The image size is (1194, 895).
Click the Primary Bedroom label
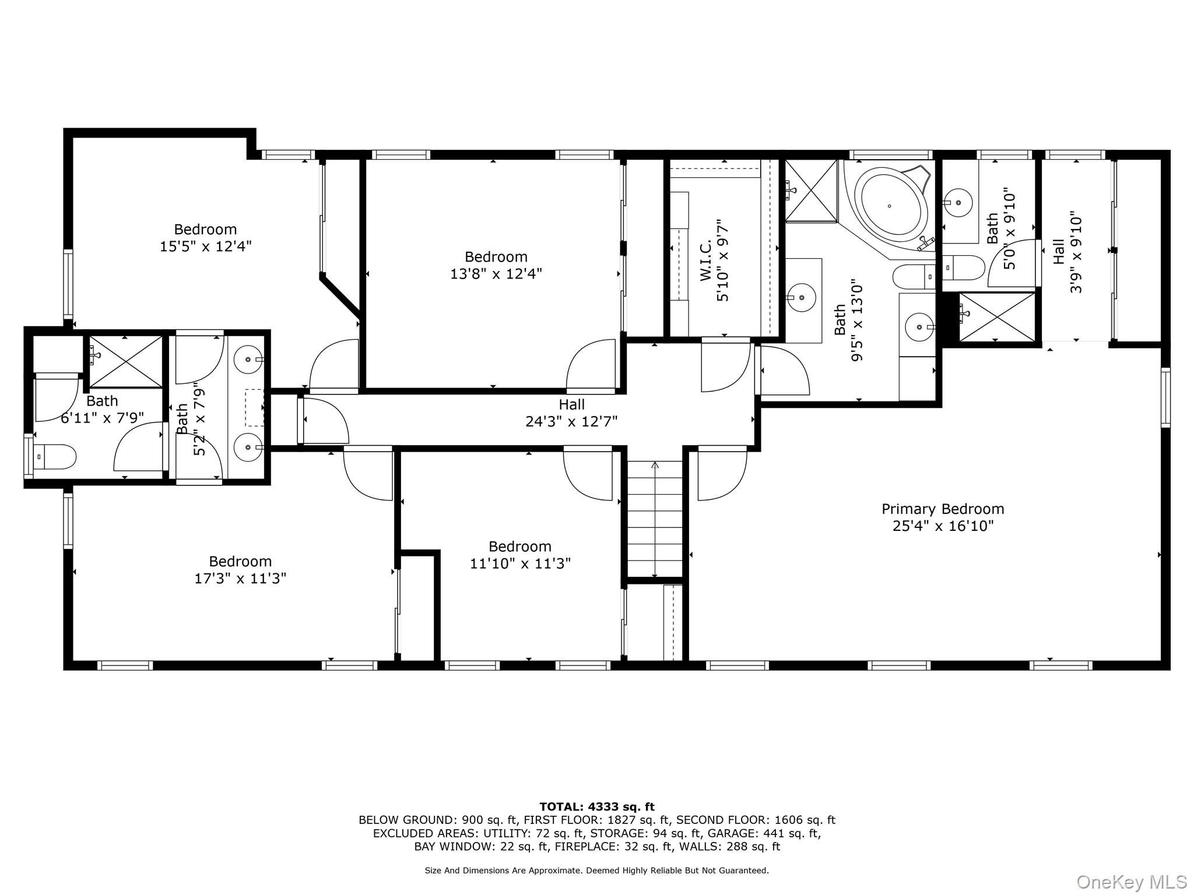(x=943, y=509)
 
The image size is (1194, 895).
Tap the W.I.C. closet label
(x=706, y=259)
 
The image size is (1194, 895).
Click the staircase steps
(x=655, y=518)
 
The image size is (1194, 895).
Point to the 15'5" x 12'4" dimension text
(x=206, y=246)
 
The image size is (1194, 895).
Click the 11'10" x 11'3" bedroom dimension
(x=520, y=563)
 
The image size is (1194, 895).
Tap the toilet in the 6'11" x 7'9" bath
(x=55, y=456)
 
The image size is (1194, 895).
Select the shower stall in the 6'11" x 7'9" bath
(x=125, y=361)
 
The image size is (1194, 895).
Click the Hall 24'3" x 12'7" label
(x=571, y=413)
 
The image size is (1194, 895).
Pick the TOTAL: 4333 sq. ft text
(x=597, y=807)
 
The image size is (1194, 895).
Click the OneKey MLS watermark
(x=1131, y=882)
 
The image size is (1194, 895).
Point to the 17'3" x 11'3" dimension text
(x=240, y=579)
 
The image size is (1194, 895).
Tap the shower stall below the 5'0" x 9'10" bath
(x=998, y=317)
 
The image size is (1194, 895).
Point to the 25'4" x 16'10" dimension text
(x=943, y=526)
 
